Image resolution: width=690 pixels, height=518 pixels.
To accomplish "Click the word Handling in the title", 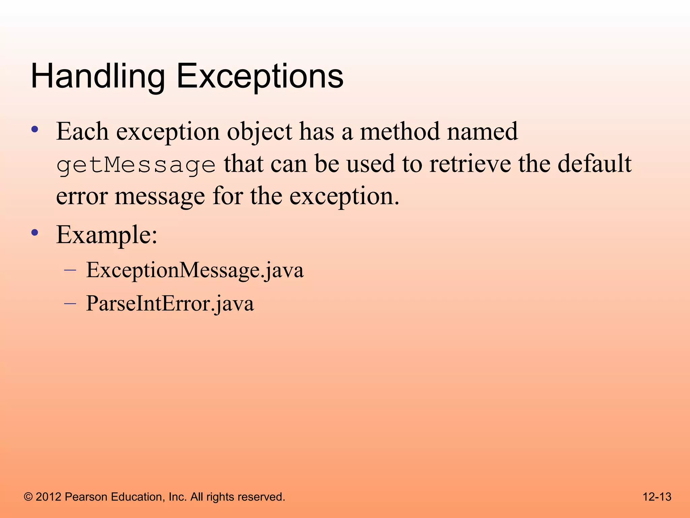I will (98, 77).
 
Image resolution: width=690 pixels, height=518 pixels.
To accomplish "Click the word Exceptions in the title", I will (260, 77).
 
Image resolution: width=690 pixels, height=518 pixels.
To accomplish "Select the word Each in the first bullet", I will (82, 132).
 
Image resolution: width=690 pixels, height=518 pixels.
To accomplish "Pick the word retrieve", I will (470, 164).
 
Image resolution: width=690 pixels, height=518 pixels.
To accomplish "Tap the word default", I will (594, 164).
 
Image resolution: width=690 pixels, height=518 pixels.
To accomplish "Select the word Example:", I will (107, 235).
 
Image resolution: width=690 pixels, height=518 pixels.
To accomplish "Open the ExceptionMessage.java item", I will (195, 270).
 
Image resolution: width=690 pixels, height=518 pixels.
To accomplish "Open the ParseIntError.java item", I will (170, 304).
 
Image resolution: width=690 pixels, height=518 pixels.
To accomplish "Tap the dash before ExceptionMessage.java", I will (70, 270).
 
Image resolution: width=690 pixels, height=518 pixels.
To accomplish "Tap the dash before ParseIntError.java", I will (70, 304).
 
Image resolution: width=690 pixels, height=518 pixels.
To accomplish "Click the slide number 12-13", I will (657, 497).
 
